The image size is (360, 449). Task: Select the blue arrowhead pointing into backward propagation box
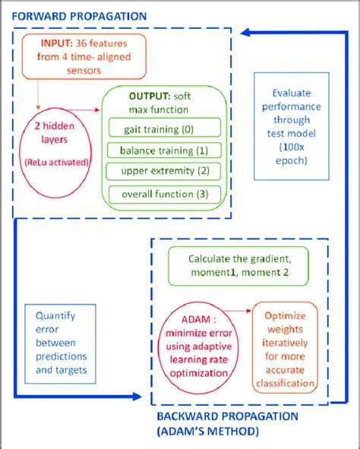coord(136,395)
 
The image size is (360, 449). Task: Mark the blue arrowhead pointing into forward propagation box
coord(246,32)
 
